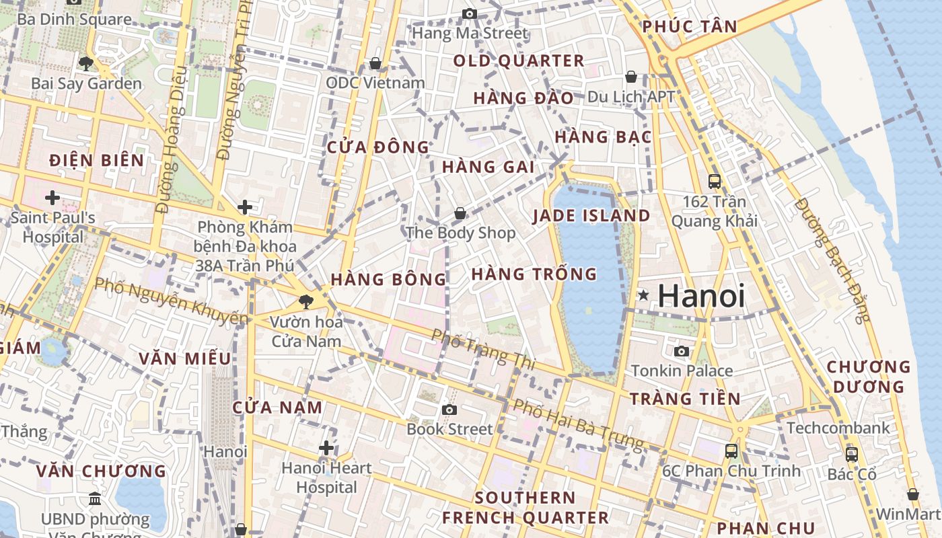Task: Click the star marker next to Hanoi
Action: point(644,295)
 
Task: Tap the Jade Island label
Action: point(591,216)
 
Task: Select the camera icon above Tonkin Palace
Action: point(682,351)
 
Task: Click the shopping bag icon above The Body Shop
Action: point(460,213)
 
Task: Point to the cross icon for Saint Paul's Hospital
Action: point(52,198)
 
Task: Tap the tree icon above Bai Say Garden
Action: point(85,63)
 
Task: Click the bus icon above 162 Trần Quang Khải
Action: point(715,181)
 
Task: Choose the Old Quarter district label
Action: point(518,61)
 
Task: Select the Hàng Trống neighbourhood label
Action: point(534,274)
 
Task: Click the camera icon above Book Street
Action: point(449,410)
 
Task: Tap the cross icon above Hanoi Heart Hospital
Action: point(326,448)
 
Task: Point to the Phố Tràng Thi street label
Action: point(482,349)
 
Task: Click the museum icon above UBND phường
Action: point(95,499)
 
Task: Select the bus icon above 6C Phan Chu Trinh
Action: point(731,451)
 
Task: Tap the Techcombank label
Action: point(838,428)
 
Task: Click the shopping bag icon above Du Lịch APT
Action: point(631,77)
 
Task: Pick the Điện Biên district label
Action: point(97,160)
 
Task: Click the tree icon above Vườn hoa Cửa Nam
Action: point(306,301)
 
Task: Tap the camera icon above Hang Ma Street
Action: point(470,13)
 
